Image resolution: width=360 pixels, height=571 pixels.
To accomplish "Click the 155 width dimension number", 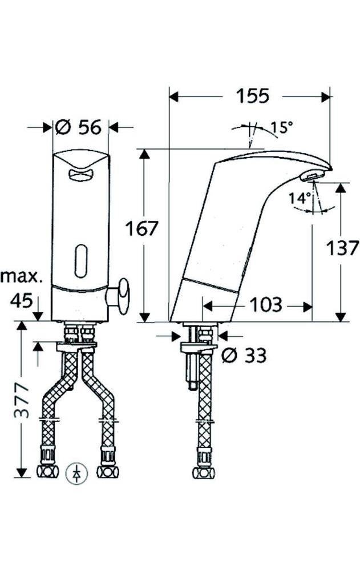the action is pos(253,96).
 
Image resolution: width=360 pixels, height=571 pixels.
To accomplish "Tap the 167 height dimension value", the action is pos(141,229).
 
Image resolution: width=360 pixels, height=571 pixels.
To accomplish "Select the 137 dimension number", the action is pos(342,248).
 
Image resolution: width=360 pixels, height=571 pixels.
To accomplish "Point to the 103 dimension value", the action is pos(266,304).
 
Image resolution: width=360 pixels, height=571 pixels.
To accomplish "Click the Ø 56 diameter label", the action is pos(79,127).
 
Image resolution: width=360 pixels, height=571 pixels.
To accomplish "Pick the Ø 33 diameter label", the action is pos(244,355).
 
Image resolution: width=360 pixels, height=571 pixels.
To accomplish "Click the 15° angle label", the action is pos(281,127).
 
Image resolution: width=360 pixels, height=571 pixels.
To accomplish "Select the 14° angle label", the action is pos(300,199).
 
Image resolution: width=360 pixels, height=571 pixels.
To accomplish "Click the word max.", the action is pos(21,278).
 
